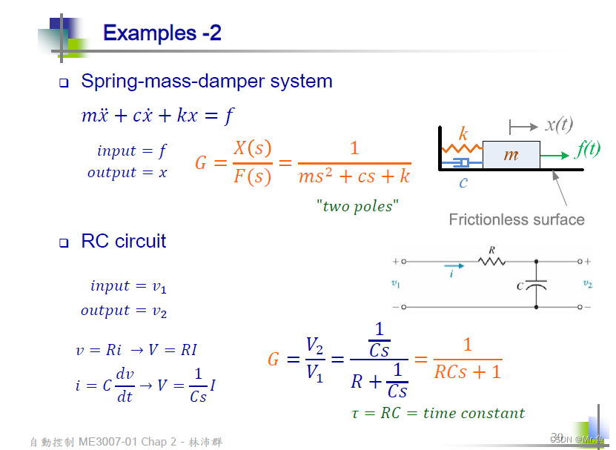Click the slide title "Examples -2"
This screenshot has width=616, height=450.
(162, 33)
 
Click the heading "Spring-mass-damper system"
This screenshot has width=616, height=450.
(206, 81)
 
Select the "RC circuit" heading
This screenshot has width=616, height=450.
(123, 241)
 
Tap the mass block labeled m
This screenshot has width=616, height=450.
(511, 155)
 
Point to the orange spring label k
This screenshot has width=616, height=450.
(463, 134)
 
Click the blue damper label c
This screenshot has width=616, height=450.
(463, 182)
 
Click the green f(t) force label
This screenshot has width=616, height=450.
(588, 149)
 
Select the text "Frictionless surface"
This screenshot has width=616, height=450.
(517, 219)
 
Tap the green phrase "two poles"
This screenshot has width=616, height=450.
(357, 206)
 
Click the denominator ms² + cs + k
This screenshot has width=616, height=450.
(354, 176)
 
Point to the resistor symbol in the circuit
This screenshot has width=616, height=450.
(491, 261)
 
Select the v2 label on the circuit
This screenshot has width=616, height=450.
(587, 283)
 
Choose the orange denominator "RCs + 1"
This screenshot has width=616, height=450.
(467, 371)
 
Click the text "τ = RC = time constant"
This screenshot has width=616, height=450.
(437, 413)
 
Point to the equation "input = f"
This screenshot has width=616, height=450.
(131, 150)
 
